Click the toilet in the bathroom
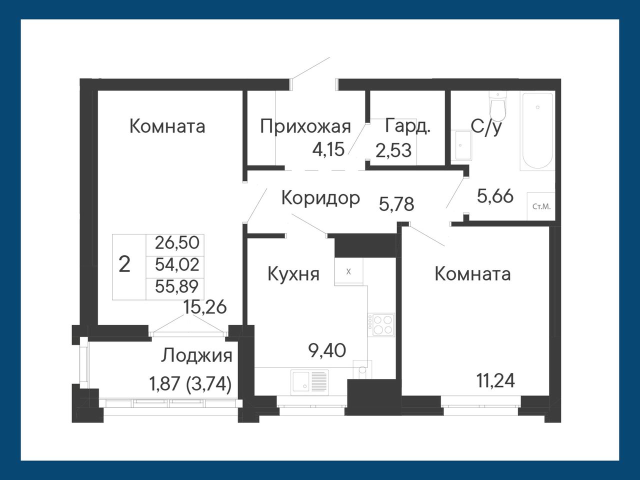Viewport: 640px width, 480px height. coord(497,106)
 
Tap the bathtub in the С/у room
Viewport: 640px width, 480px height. coord(537,131)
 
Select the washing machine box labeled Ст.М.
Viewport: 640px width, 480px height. coord(541,206)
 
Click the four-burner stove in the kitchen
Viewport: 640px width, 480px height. coord(381,325)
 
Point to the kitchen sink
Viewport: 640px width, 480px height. coord(309,382)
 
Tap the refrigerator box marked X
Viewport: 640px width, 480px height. coord(348,271)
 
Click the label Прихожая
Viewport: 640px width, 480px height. coord(305,127)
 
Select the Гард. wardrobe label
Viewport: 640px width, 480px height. coord(407,126)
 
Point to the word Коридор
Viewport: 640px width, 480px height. coord(320,198)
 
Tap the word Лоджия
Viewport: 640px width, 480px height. coord(196,356)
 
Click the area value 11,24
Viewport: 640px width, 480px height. coord(495,380)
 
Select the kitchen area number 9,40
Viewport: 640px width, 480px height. coord(327,350)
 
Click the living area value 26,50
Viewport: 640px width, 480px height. coord(177,242)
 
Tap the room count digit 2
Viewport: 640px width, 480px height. coord(124,264)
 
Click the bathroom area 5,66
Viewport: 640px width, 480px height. coord(495,196)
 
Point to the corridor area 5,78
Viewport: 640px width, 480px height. coord(396,204)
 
